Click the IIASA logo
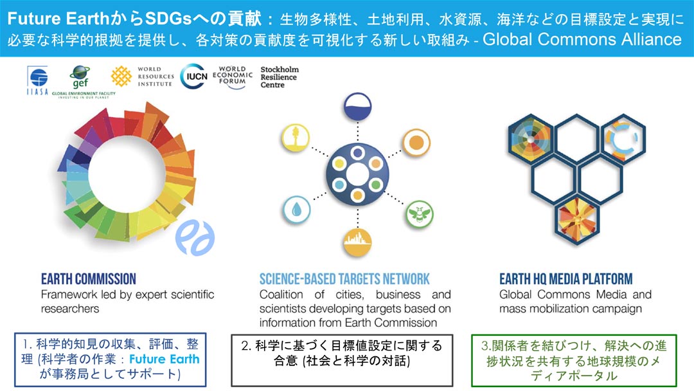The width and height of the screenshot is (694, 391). tap(37, 80)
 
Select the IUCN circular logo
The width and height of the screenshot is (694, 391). tap(194, 76)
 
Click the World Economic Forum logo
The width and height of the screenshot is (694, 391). tap(233, 77)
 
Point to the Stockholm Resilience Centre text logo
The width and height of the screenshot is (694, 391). tap(280, 77)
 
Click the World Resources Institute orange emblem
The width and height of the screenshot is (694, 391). tap(121, 76)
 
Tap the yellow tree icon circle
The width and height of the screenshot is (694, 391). tap(295, 137)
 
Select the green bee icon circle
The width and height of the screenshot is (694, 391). tap(419, 214)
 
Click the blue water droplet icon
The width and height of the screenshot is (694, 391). tap(296, 210)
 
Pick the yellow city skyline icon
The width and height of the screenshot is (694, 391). tap(358, 242)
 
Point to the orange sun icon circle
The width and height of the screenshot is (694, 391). tap(416, 143)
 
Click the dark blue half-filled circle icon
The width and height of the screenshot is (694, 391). tap(358, 106)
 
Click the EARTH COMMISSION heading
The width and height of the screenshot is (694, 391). tap(89, 279)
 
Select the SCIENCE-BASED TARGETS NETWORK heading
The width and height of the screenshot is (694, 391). tap(344, 279)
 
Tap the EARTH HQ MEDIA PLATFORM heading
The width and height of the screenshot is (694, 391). tap(565, 279)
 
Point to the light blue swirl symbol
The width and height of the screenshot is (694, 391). tap(195, 237)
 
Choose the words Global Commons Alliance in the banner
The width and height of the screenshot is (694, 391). tap(582, 39)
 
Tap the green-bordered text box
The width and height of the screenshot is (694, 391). tap(574, 360)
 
